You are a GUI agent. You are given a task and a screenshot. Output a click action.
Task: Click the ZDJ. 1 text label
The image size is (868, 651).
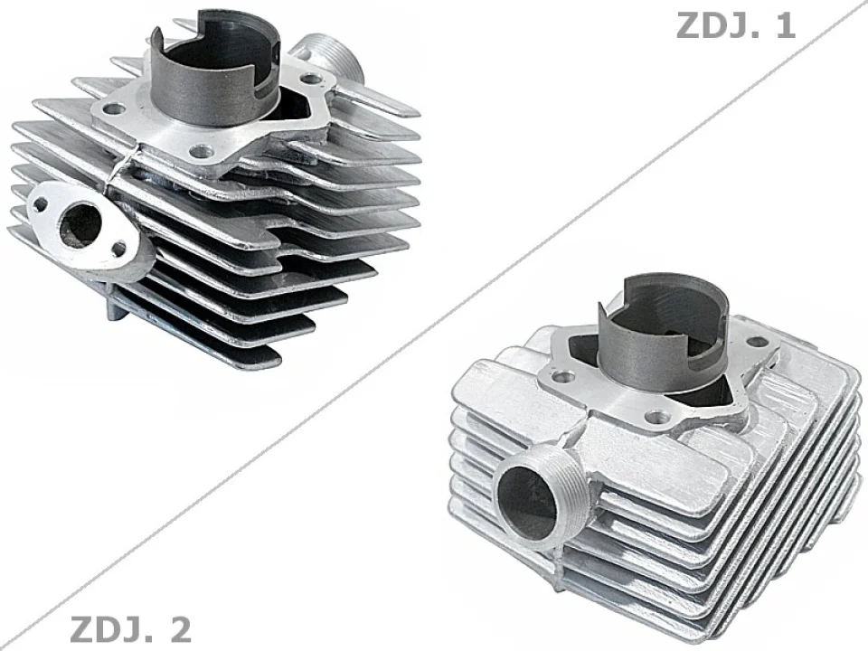735,25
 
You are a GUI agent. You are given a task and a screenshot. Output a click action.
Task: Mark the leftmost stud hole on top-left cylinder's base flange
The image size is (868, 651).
112,109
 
